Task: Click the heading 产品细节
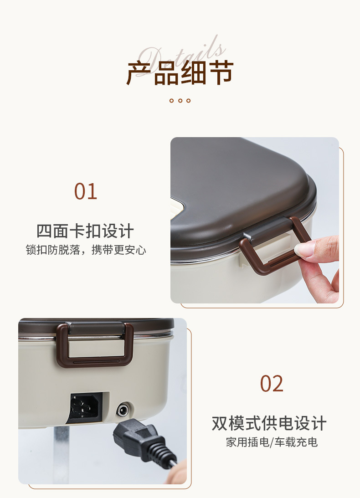[180, 73]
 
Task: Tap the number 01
[86, 191]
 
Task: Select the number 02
[272, 384]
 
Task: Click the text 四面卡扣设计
[85, 231]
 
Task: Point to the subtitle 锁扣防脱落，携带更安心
[86, 250]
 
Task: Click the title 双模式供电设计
[269, 423]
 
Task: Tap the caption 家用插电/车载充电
[272, 442]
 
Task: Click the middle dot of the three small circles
[180, 101]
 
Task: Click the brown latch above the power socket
[95, 344]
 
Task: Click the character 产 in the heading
[139, 73]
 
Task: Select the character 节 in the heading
[221, 73]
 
